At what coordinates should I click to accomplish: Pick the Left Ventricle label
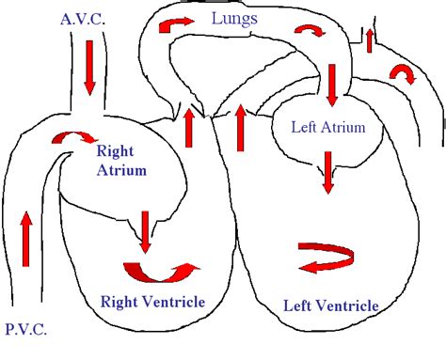[331, 305]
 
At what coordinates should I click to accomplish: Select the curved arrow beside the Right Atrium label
[66, 139]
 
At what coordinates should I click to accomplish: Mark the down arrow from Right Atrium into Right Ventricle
[146, 231]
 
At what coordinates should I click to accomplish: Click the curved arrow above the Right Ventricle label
[162, 271]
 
